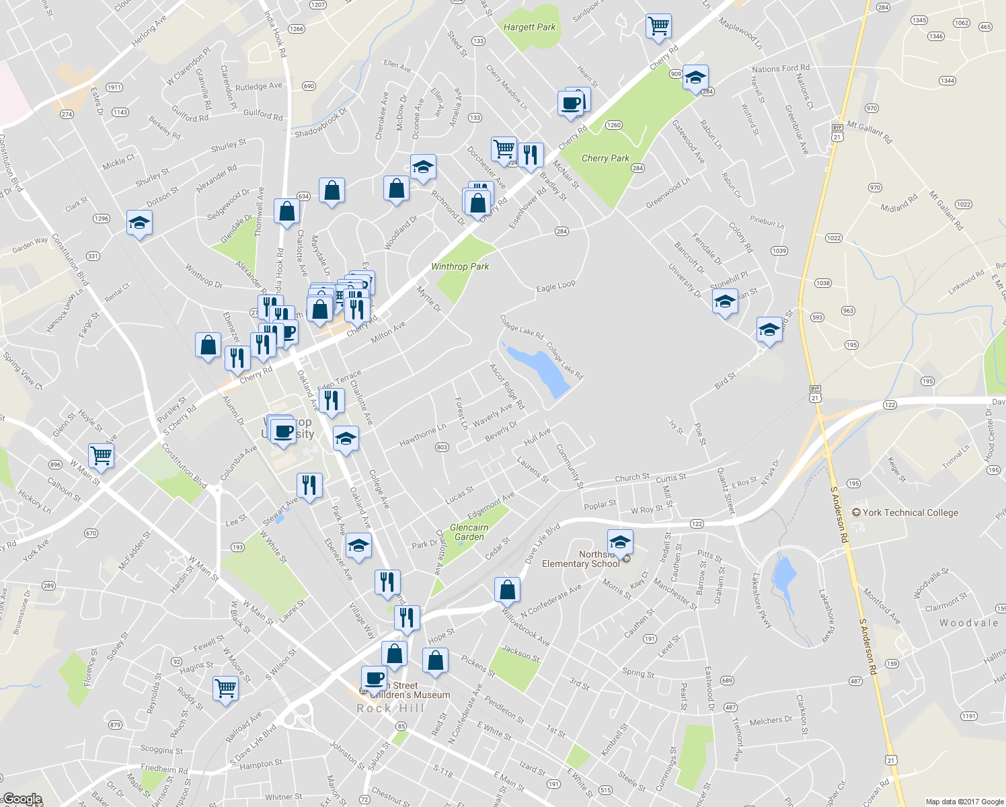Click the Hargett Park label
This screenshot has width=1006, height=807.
point(529,28)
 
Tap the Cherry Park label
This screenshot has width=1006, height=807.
point(605,159)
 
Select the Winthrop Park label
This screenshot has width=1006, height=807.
point(460,267)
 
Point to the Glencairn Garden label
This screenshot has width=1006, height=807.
point(469,532)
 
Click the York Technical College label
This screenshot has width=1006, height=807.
point(911,512)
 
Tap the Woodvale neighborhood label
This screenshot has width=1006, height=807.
point(968,623)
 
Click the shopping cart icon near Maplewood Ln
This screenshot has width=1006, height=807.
point(658,26)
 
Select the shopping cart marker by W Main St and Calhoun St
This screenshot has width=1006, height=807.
point(102,455)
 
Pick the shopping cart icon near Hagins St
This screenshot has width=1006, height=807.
point(225,688)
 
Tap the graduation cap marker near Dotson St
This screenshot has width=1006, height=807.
point(139,223)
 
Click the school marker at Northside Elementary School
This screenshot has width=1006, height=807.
point(619,541)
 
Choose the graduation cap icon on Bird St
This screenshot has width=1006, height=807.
point(769,330)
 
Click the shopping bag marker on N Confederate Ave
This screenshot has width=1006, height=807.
point(508,590)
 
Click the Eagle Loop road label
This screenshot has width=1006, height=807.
point(555,286)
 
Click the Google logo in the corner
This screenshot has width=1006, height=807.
point(22,800)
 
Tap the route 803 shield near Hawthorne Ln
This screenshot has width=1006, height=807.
point(442,447)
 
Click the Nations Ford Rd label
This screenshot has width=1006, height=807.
point(780,69)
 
